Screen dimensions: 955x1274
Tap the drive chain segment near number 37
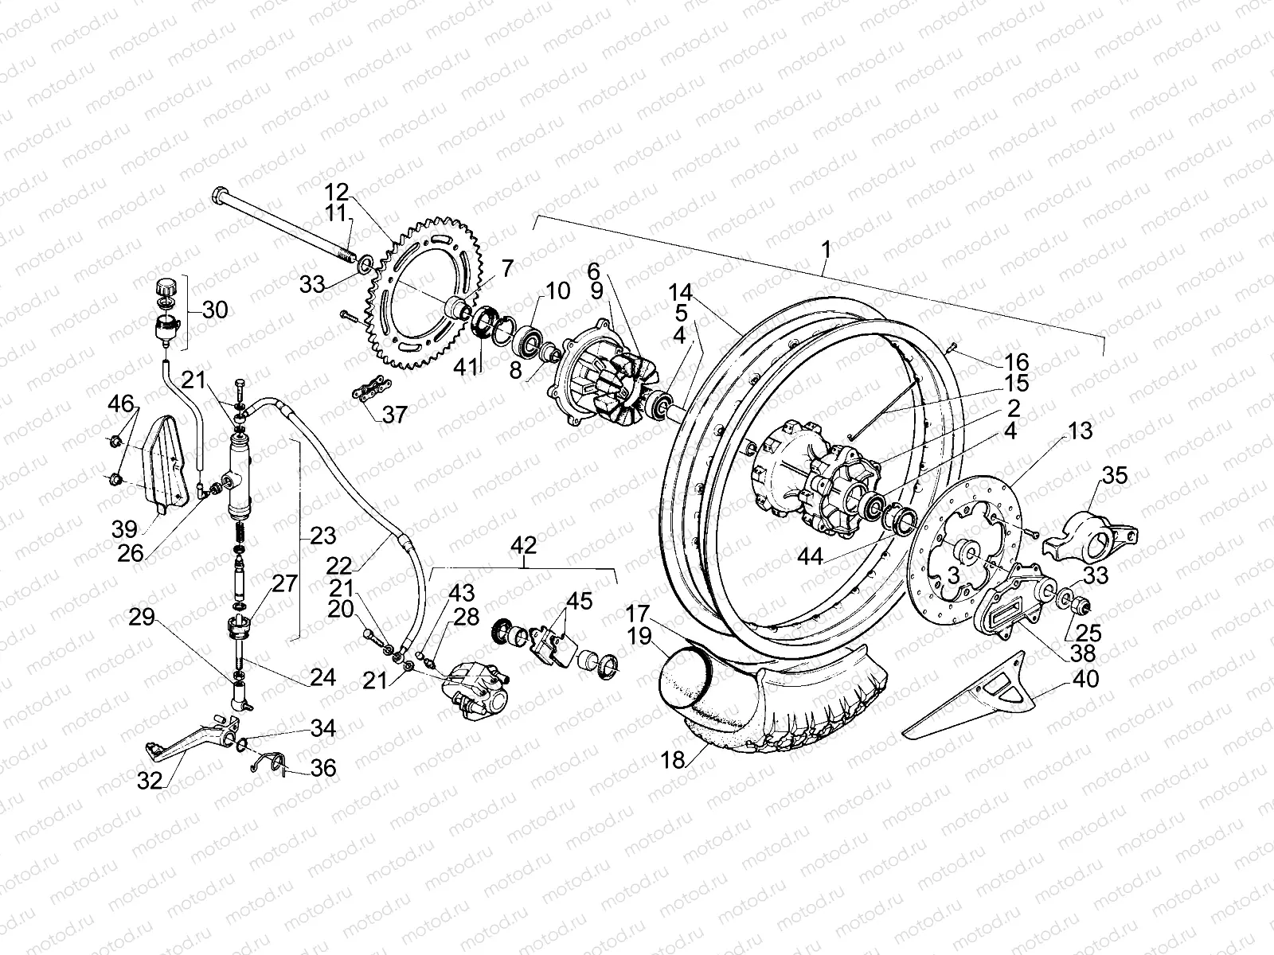pos(367,392)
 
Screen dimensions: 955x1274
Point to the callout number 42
pos(525,546)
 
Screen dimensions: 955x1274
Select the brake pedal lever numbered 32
pos(191,736)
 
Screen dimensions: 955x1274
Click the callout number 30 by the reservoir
pos(215,310)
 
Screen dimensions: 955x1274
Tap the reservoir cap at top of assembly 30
pos(166,286)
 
